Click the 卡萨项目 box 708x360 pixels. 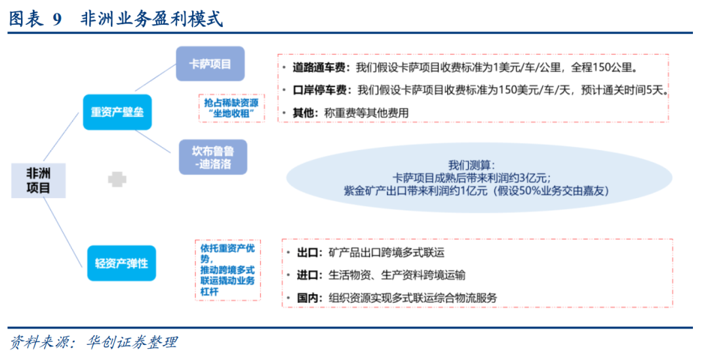coord(210,64)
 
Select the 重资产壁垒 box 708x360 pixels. coord(117,112)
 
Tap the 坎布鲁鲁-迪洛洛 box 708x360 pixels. coord(212,157)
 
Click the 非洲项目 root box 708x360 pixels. coord(38,179)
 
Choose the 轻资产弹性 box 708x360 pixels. coord(121,263)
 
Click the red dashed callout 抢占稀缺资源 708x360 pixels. coord(231,108)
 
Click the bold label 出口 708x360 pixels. coord(307,252)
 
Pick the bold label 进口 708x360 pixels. coord(307,275)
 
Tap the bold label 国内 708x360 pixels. coord(307,298)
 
